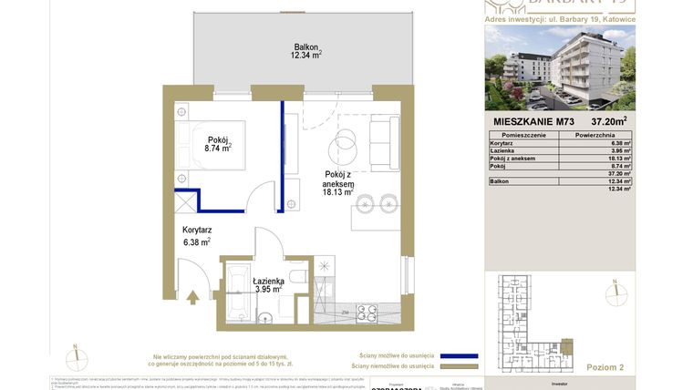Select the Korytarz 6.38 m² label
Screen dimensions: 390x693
point(196,236)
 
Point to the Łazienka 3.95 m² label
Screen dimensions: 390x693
point(268,285)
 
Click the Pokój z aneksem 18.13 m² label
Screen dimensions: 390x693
point(338,182)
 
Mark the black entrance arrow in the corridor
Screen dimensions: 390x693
point(191,296)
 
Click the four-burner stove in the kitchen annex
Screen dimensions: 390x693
point(367,313)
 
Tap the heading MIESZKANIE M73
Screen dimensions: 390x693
point(534,120)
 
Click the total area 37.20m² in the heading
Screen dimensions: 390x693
point(608,120)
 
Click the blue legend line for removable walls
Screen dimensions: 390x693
point(460,356)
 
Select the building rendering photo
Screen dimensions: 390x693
point(559,67)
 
